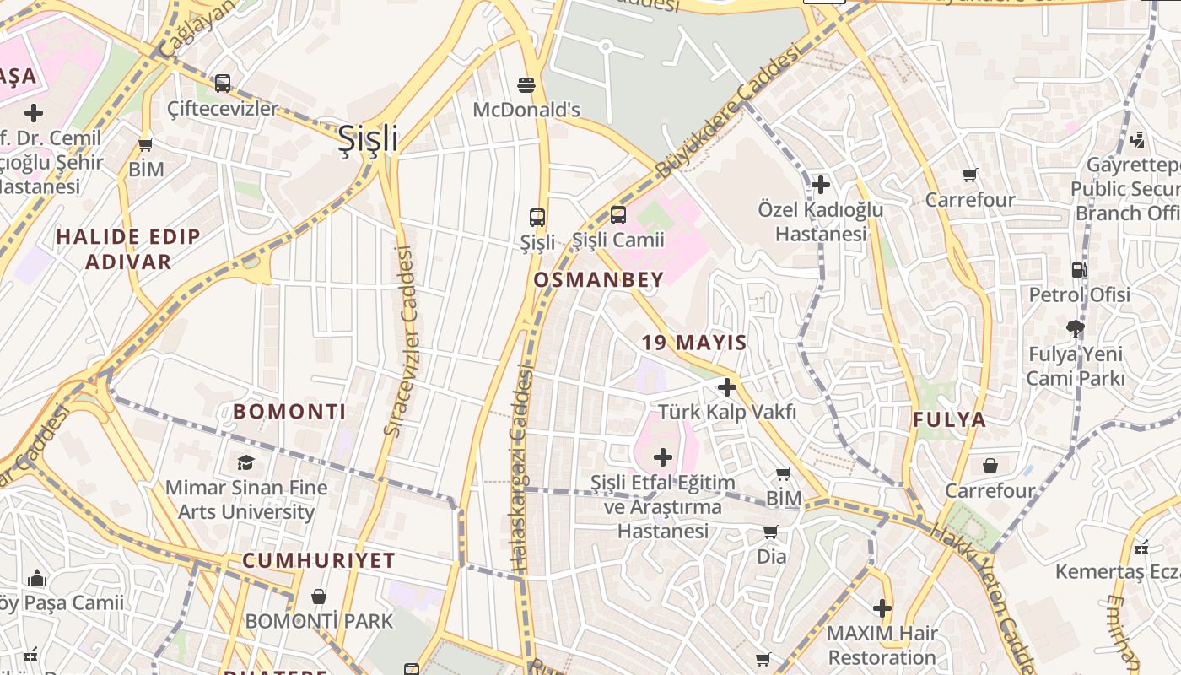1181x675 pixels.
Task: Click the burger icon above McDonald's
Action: tap(526, 84)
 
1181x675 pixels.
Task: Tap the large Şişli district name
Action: tap(368, 139)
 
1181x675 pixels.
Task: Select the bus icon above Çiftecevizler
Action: tap(223, 84)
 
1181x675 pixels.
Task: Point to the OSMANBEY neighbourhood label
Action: tap(598, 279)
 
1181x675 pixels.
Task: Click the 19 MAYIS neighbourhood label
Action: tap(694, 343)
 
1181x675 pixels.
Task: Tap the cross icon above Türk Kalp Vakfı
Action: tap(726, 387)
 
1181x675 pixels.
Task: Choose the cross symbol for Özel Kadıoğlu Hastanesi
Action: tap(820, 184)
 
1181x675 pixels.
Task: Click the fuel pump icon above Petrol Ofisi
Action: tap(1079, 270)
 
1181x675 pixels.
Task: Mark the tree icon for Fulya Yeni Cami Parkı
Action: tap(1075, 328)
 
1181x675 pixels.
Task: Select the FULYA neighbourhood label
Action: tap(949, 419)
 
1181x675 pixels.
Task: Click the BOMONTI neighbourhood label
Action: tap(289, 412)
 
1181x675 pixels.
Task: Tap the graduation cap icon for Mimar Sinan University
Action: tap(245, 462)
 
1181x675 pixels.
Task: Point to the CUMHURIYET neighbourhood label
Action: tap(319, 561)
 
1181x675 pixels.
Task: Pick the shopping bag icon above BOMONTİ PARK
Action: tap(319, 597)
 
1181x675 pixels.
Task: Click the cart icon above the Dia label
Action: tap(770, 532)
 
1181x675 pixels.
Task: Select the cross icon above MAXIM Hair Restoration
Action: tap(882, 607)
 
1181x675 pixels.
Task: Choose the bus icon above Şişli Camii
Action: tap(618, 215)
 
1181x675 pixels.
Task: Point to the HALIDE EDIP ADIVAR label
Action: tap(128, 249)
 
